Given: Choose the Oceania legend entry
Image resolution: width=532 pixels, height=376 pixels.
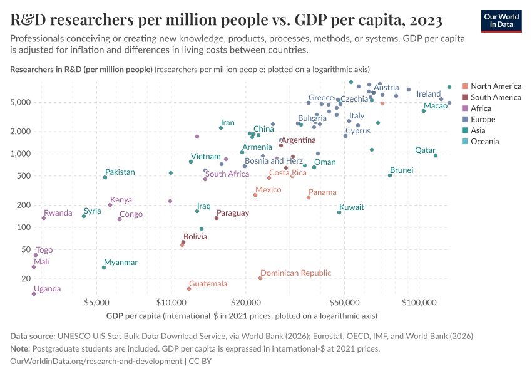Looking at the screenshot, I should [x=485, y=142].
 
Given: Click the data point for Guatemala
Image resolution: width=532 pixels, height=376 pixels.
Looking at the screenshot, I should [x=189, y=289].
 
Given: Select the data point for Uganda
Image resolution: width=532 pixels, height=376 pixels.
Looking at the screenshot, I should [x=34, y=293].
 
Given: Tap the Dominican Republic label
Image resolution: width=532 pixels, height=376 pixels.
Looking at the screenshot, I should [x=295, y=273].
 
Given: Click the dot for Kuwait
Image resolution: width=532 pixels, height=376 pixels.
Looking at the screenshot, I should [x=339, y=212].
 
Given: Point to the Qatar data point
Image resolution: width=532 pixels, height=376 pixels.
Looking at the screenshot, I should [x=436, y=155].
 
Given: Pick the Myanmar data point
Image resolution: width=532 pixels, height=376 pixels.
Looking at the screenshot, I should [x=104, y=268].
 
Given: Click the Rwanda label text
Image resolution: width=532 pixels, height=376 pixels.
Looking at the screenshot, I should [x=58, y=213].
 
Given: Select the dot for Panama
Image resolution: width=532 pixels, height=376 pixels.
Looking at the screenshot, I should [x=309, y=197].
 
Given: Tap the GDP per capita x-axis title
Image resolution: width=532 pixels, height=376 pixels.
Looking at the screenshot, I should [x=133, y=315].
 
